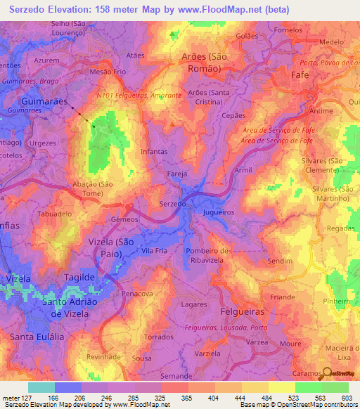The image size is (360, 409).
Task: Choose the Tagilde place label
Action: click(x=79, y=278)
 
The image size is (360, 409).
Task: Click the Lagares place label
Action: click(x=193, y=304)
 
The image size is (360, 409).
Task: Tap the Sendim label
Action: click(x=280, y=260)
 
